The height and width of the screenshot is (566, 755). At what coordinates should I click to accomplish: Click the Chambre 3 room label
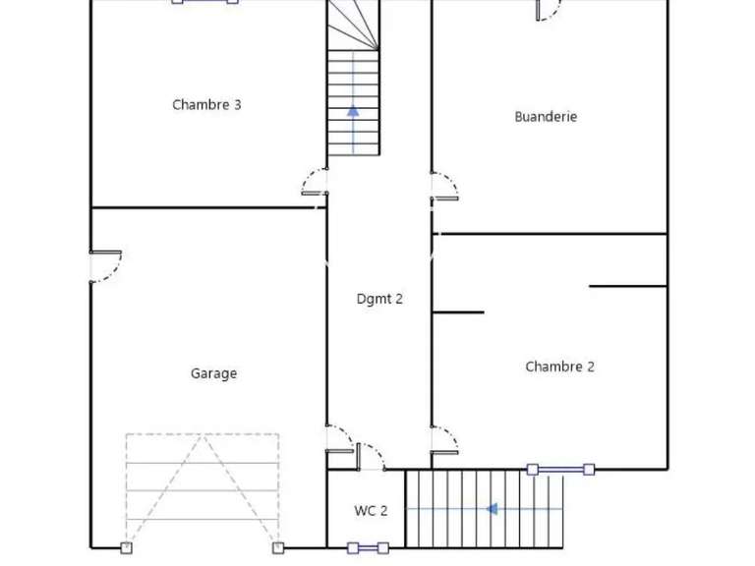pyautogui.click(x=206, y=105)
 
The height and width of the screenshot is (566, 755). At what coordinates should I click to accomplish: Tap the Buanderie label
pyautogui.click(x=546, y=117)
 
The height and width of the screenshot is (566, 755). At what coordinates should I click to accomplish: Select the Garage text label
pyautogui.click(x=213, y=373)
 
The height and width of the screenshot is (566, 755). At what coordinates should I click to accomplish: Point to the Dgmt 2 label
pyautogui.click(x=379, y=300)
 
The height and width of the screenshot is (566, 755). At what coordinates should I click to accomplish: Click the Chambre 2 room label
pyautogui.click(x=559, y=367)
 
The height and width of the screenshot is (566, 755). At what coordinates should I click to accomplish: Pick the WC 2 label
pyautogui.click(x=371, y=511)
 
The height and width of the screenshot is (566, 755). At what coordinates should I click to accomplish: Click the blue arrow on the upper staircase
pyautogui.click(x=353, y=111)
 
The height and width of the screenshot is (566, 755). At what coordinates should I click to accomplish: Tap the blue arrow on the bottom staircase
pyautogui.click(x=492, y=509)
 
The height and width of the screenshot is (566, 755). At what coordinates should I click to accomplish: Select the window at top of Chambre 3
pyautogui.click(x=205, y=1)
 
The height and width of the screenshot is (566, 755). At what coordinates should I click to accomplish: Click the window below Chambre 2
pyautogui.click(x=560, y=470)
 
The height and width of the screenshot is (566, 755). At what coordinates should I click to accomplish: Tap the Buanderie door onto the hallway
pyautogui.click(x=444, y=186)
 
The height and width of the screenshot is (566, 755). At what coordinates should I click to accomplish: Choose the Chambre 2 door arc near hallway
pyautogui.click(x=444, y=438)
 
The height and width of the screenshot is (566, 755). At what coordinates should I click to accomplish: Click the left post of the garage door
pyautogui.click(x=126, y=547)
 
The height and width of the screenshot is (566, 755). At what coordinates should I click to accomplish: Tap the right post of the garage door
pyautogui.click(x=278, y=547)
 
